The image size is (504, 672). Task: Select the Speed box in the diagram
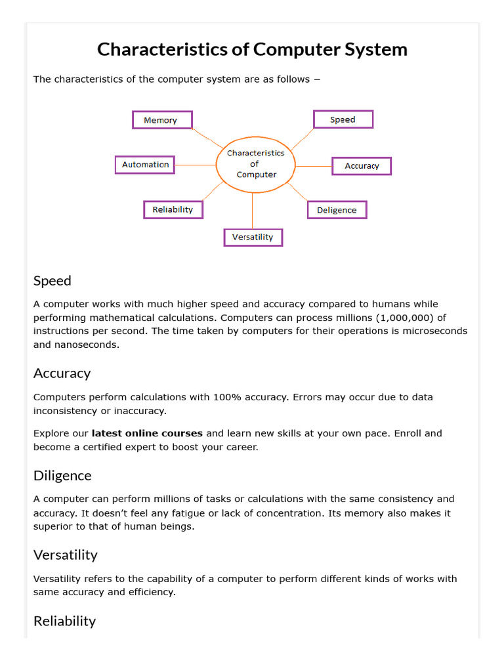[x=343, y=119]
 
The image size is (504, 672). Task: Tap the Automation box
[x=145, y=165]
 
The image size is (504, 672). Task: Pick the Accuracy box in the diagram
[x=362, y=166]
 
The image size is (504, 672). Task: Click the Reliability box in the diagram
[x=173, y=209]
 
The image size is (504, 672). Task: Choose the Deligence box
[x=337, y=210]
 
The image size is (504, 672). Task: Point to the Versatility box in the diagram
[x=253, y=237]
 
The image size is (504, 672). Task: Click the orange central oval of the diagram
[x=255, y=164]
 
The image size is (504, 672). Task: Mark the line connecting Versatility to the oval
[x=253, y=210]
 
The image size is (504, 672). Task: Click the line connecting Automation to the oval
[x=196, y=165]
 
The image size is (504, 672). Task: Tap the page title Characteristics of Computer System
[x=252, y=49]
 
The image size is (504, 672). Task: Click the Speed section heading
[x=52, y=281]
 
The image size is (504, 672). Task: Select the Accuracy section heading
[x=62, y=373]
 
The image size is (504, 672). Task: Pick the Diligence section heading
[x=62, y=475]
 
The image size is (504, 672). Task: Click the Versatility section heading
[x=66, y=555]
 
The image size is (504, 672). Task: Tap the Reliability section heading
[x=64, y=621]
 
